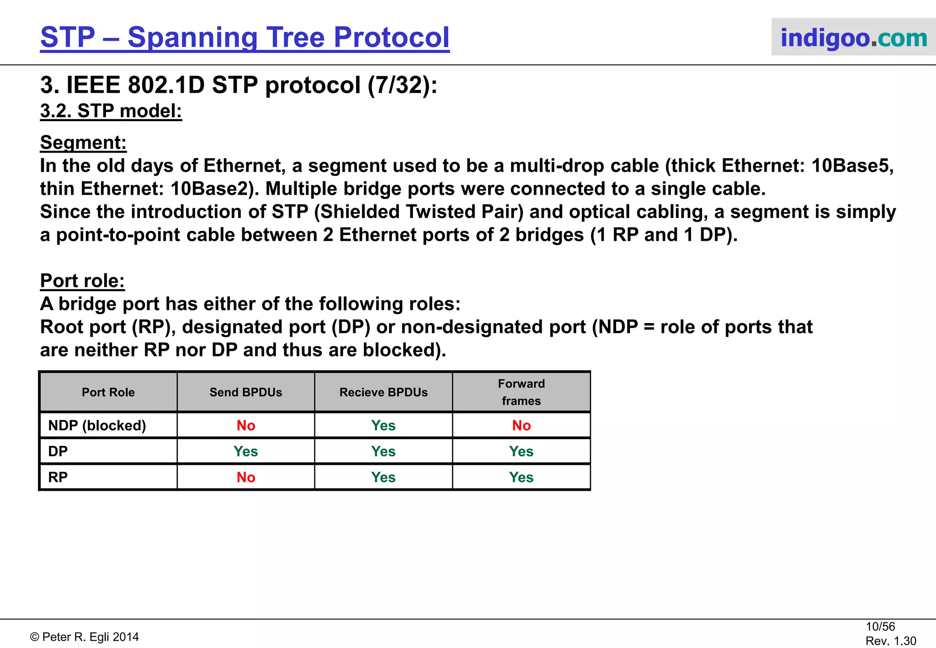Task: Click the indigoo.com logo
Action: [853, 37]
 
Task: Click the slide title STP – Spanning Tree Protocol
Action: [245, 37]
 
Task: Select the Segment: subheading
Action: [83, 143]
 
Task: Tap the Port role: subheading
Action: [82, 281]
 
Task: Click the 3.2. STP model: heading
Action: [111, 111]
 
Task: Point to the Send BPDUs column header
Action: [246, 392]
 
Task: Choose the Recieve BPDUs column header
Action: [383, 392]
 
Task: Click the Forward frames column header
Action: [521, 392]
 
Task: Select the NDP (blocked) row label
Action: [97, 425]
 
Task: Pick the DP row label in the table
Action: [58, 451]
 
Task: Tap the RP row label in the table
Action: [58, 477]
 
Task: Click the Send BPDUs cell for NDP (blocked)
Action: [246, 425]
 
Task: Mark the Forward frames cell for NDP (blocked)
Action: [521, 425]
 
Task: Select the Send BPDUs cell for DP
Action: [246, 451]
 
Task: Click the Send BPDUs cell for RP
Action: [246, 477]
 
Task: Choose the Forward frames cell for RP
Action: [521, 477]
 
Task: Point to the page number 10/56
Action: [880, 627]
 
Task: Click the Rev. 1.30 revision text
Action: [891, 641]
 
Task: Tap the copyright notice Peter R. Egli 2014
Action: [85, 637]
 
